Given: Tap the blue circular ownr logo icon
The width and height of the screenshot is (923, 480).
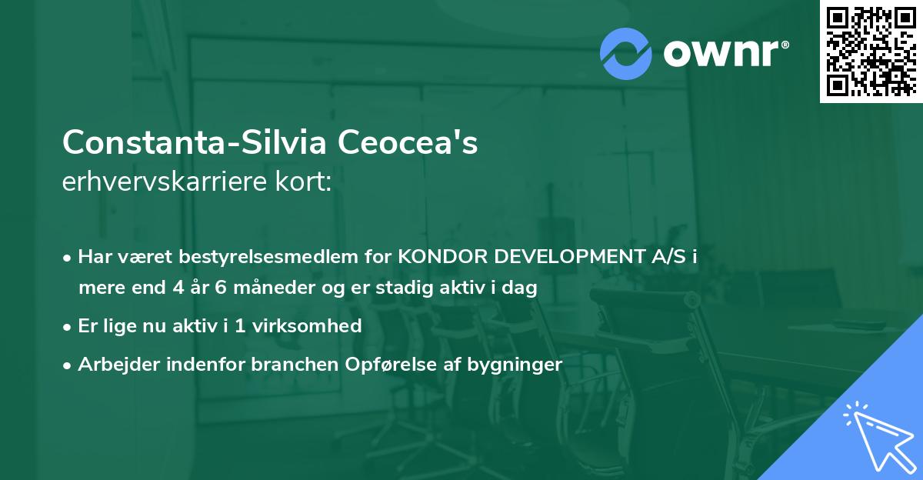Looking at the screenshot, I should pyautogui.click(x=626, y=54).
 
